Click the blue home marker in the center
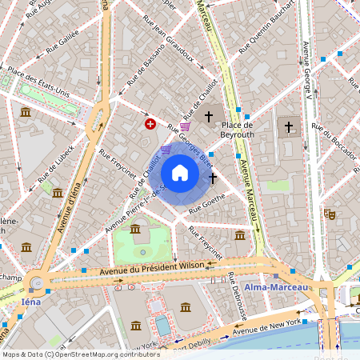click(x=180, y=173)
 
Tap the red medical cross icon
click(x=150, y=123)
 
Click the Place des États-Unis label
click(x=38, y=83)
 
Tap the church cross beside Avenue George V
click(x=290, y=126)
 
